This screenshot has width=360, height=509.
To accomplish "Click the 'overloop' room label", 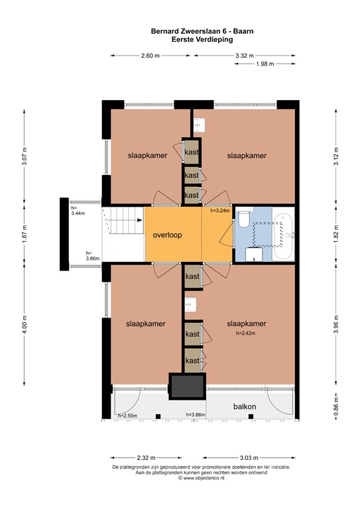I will (167, 235).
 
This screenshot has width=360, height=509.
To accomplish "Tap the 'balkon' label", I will (244, 405).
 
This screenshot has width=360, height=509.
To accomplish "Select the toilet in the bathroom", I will (244, 218).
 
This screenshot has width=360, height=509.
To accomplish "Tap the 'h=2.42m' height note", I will (246, 333).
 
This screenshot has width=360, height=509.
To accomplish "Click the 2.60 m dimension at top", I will (150, 56).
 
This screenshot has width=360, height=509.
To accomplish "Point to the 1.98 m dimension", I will (265, 64).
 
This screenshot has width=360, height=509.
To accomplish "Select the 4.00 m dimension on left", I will (25, 325).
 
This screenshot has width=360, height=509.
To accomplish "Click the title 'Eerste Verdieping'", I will (180, 39).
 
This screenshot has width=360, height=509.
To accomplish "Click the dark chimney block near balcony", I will (186, 386).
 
